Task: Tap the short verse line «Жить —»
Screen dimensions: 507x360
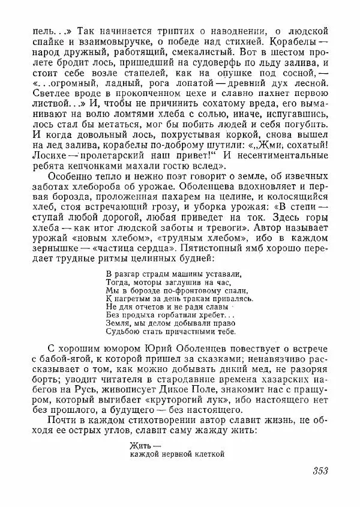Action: click(x=145, y=445)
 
